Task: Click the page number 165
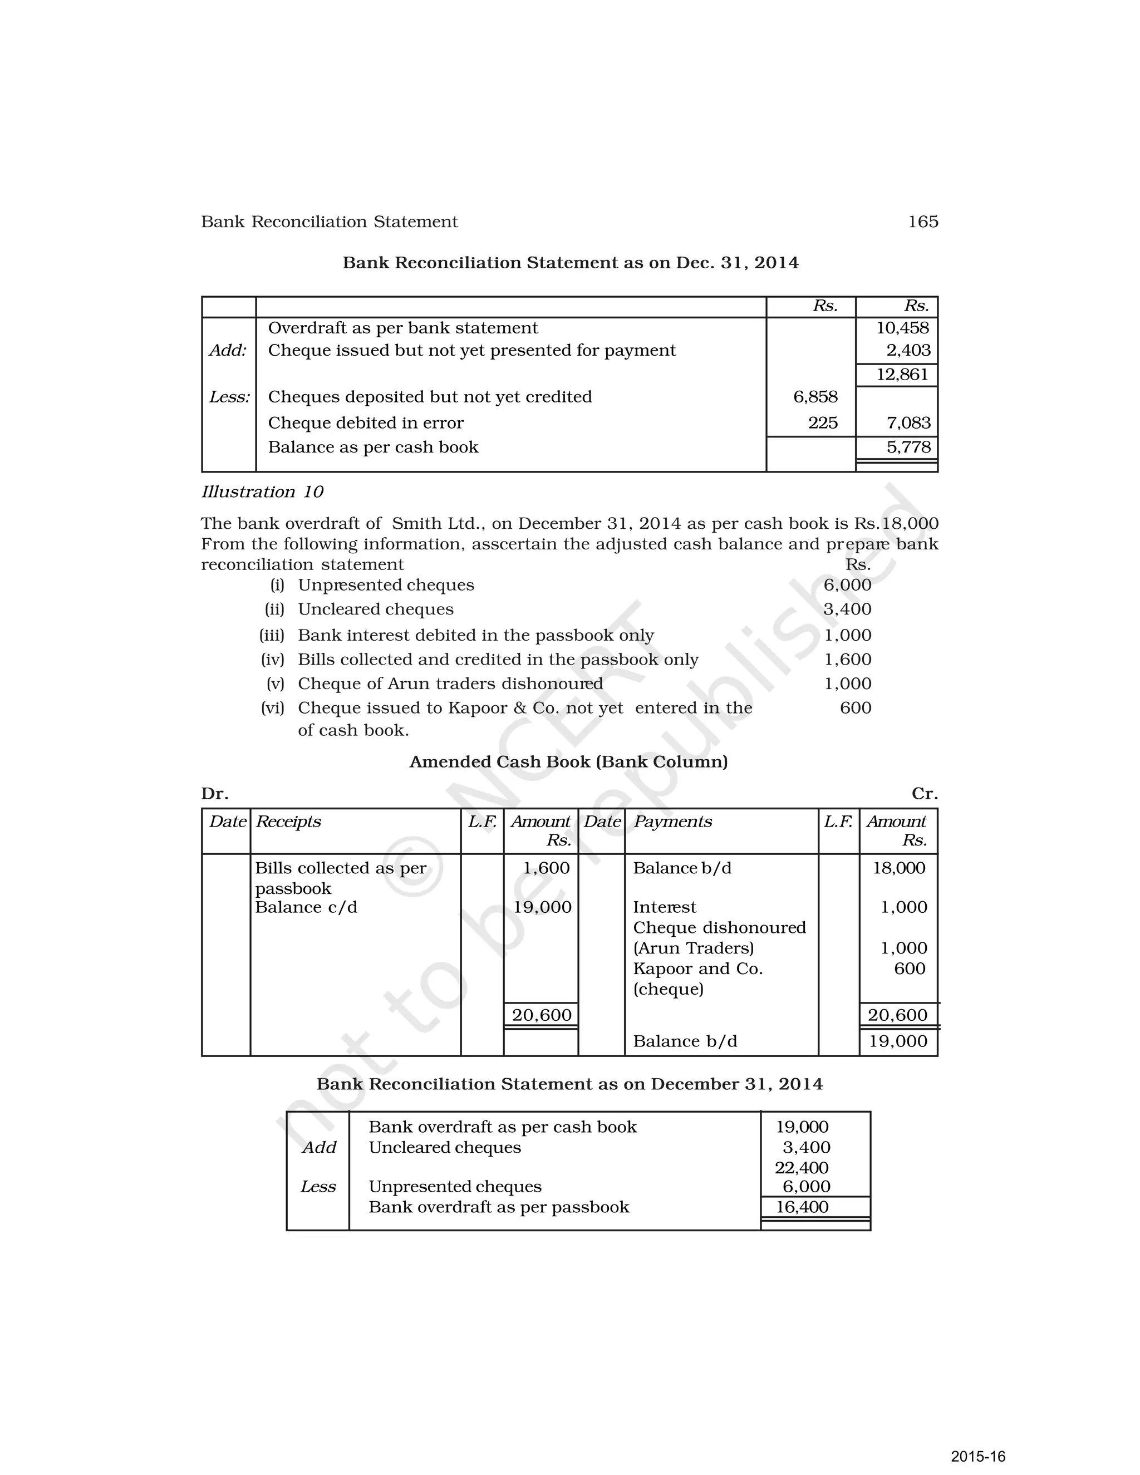click(x=922, y=222)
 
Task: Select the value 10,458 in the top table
click(x=902, y=328)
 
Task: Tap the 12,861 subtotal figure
click(x=902, y=375)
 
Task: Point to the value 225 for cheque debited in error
click(x=823, y=423)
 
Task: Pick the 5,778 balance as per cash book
click(x=908, y=447)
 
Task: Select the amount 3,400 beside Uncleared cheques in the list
click(x=847, y=609)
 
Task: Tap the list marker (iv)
click(x=272, y=659)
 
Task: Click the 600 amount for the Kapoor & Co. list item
click(x=855, y=708)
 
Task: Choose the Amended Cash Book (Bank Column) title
click(x=569, y=762)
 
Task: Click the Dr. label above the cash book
click(x=215, y=794)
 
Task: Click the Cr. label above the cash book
click(x=924, y=794)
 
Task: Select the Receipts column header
click(x=288, y=822)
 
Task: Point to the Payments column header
click(x=672, y=822)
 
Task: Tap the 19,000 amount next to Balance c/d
click(x=542, y=907)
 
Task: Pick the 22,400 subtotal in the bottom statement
click(x=801, y=1168)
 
